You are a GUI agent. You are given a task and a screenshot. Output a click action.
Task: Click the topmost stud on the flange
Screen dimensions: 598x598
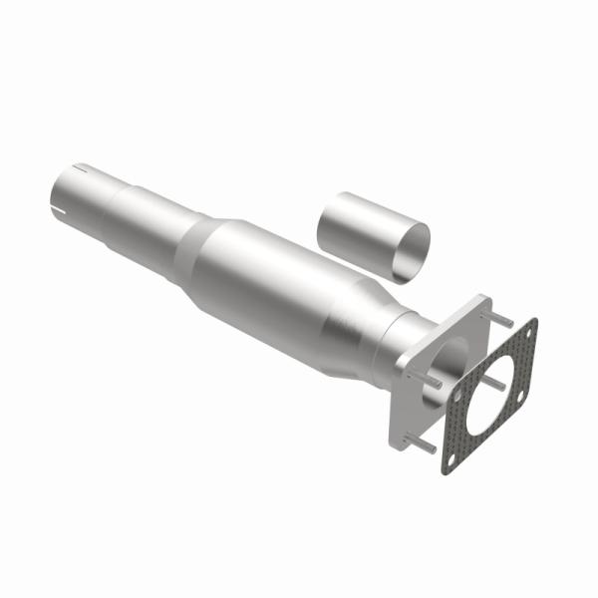505,321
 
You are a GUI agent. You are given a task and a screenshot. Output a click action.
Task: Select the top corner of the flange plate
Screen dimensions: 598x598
485,298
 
